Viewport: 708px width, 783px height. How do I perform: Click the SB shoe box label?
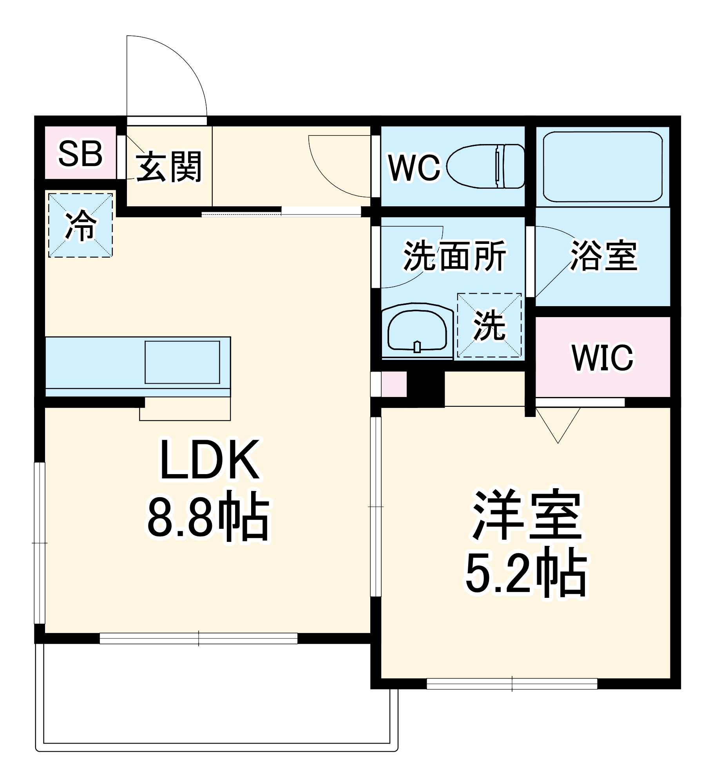click(80, 154)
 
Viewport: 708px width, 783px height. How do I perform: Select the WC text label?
click(414, 168)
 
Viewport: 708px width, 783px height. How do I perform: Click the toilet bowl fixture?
click(486, 166)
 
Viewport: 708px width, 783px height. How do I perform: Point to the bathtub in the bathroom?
click(602, 166)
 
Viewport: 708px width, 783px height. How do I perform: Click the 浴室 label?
click(603, 256)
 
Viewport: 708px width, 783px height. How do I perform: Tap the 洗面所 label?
click(454, 256)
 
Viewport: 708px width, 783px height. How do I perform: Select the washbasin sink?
click(417, 330)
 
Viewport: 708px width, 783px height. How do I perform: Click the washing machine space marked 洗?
click(489, 325)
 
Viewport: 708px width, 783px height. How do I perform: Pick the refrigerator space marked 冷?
click(80, 226)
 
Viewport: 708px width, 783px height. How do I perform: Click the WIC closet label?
click(602, 357)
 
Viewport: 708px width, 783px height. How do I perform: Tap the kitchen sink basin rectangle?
click(182, 362)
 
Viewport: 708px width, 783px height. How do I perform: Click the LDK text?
click(210, 460)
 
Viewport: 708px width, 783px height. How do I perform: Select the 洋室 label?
click(527, 516)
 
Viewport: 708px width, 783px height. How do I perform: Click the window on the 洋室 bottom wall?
click(512, 684)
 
